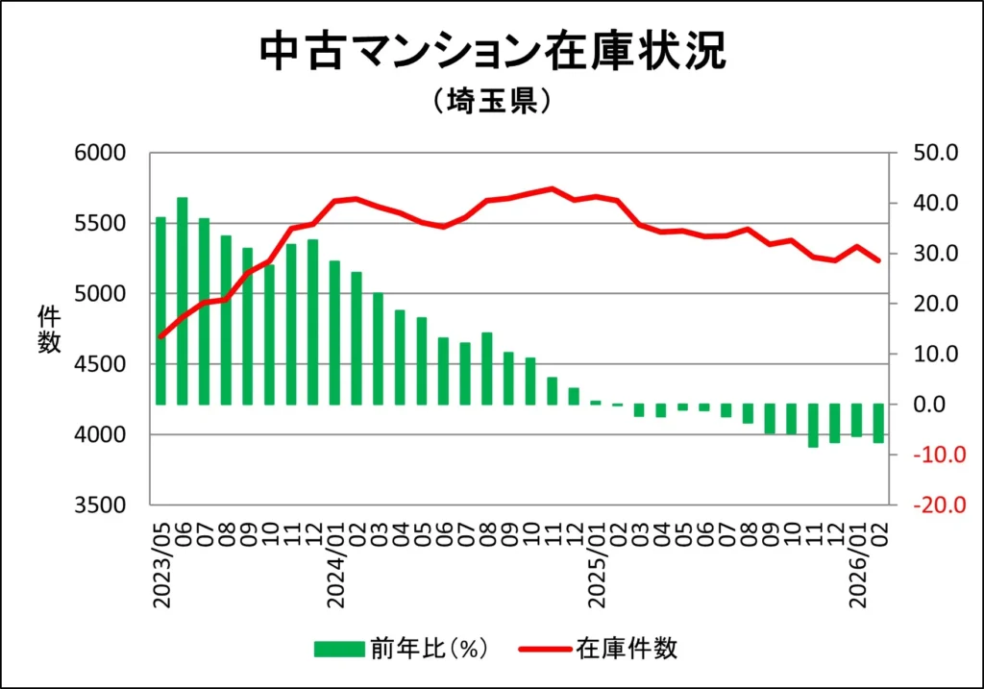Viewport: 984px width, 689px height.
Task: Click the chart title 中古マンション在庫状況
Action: coord(491,54)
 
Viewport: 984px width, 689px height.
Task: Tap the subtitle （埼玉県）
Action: coord(491,101)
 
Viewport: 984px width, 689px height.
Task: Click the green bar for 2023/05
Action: coord(160,310)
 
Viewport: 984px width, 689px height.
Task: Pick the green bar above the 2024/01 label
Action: coord(334,332)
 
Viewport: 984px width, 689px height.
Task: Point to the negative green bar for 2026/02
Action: coord(878,423)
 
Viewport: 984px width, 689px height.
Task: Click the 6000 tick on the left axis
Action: coord(101,153)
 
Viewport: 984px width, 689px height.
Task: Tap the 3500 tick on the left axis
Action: coord(101,505)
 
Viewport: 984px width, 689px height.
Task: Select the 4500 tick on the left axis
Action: coord(101,364)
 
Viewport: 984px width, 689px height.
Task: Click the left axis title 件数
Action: coord(49,329)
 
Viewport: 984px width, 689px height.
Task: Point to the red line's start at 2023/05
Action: coord(160,336)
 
